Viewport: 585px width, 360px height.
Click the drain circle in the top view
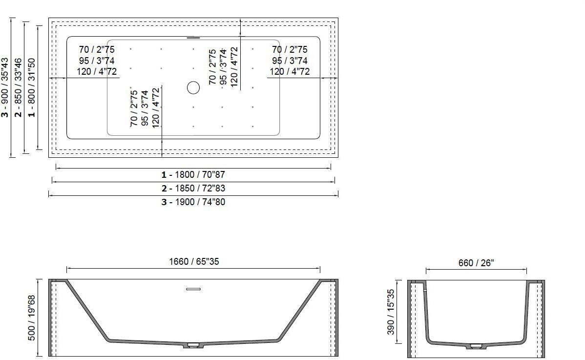193,88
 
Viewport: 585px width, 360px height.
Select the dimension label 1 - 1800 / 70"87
193,174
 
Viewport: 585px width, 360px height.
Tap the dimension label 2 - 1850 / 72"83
193,188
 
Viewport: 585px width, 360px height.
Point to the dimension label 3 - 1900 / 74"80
193,202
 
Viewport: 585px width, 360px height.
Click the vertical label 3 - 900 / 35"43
5,88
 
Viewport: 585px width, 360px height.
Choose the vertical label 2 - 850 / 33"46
19,88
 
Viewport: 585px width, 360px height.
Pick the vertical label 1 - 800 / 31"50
32,88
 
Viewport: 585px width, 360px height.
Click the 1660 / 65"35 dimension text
194,262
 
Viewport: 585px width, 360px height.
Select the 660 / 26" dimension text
476,263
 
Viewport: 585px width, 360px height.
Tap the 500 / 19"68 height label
32,318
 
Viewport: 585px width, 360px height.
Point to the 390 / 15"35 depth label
391,312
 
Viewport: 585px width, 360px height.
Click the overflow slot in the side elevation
193,289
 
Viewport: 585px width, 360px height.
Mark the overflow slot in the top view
193,37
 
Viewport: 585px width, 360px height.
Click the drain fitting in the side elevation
193,346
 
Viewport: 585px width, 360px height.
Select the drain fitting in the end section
476,346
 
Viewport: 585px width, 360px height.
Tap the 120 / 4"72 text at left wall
97,72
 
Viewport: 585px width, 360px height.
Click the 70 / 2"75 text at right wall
290,49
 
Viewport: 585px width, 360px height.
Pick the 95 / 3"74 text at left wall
97,61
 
